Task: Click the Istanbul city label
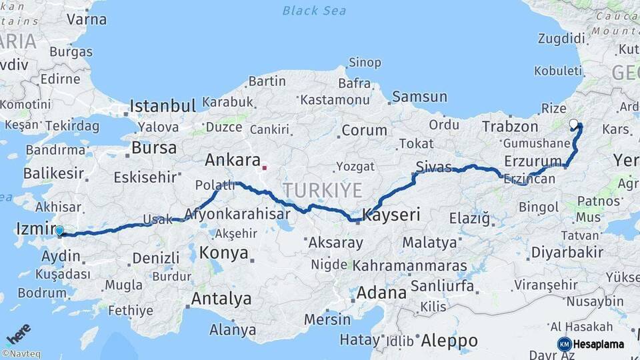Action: tap(163, 105)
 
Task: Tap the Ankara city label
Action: tap(232, 160)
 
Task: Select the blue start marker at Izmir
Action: tap(59, 231)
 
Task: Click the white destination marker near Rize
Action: tap(573, 123)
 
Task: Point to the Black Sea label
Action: tap(314, 11)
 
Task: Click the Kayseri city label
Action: tap(391, 215)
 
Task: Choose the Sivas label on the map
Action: tap(433, 167)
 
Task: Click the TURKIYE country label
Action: tap(323, 190)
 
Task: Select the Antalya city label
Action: tap(221, 299)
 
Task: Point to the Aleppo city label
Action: tap(449, 341)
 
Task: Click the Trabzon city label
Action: tap(510, 127)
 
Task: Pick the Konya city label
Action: tap(224, 253)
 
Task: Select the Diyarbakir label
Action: tap(567, 252)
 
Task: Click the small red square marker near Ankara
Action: tap(265, 168)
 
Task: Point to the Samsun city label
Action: tap(419, 97)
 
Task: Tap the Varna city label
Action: tap(87, 19)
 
